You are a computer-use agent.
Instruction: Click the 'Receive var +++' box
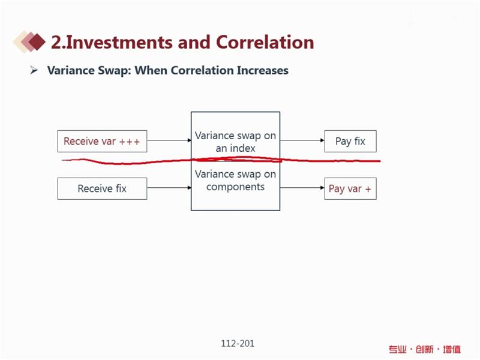(x=102, y=141)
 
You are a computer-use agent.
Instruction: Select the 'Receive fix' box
(x=102, y=188)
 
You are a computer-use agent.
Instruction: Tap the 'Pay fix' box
(x=350, y=141)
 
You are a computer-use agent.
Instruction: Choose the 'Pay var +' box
(x=350, y=188)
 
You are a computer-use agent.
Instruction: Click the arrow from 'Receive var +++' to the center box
(x=169, y=140)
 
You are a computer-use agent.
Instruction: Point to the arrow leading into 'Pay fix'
(x=302, y=140)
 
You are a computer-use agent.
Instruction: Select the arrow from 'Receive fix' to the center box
(x=169, y=188)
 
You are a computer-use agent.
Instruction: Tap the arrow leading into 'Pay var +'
(x=302, y=188)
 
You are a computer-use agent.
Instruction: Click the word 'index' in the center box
(x=244, y=148)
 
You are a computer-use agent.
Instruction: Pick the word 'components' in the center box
(x=235, y=187)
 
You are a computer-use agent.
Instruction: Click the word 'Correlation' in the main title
(x=265, y=42)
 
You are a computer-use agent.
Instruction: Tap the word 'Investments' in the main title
(x=119, y=42)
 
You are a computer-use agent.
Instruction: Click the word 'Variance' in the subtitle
(x=71, y=70)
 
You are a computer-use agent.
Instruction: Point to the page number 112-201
(x=238, y=343)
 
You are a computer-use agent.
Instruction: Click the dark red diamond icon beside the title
(x=37, y=41)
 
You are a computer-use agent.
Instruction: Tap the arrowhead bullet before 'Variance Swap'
(x=34, y=70)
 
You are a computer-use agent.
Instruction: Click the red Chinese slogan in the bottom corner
(x=425, y=349)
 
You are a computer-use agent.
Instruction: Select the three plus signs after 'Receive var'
(x=130, y=142)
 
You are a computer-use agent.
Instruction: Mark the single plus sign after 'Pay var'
(x=368, y=189)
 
